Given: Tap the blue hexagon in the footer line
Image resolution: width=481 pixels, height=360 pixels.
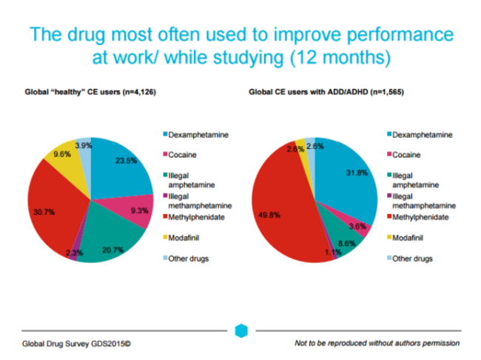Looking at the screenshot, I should coord(240,330).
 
